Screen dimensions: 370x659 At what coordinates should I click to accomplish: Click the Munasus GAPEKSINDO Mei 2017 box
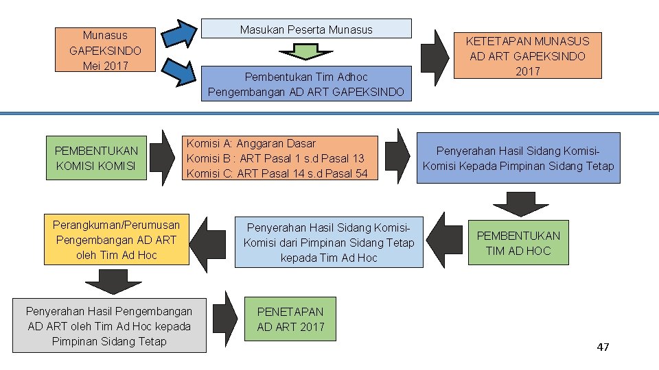pos(105,50)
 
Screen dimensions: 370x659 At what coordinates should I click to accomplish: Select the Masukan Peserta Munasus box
pos(306,29)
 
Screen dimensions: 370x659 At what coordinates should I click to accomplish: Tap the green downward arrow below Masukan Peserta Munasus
pos(306,51)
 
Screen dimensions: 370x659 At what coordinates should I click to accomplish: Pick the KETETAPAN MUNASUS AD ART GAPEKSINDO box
pos(527,56)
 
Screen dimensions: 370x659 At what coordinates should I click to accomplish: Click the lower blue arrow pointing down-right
pos(181,72)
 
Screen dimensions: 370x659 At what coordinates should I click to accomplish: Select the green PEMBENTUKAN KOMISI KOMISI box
pos(96,158)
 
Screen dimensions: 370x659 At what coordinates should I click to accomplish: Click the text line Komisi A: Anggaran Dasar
pos(251,144)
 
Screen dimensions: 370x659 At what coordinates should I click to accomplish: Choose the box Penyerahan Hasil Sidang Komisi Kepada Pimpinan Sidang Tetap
pos(518,158)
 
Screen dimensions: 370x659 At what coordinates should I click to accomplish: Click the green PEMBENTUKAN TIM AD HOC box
pos(518,243)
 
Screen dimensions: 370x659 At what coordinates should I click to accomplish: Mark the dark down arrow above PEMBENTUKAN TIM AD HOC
pos(520,203)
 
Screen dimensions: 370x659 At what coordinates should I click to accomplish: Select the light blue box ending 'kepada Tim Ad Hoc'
pos(329,243)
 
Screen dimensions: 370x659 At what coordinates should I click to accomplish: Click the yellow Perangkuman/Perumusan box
pos(116,240)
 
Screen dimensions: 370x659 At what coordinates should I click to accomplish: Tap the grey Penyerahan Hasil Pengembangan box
pos(109,326)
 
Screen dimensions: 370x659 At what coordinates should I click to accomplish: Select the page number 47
pos(603,347)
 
